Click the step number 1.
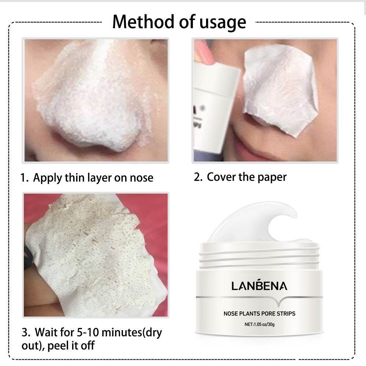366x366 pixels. click(x=24, y=178)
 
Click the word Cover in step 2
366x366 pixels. click(x=221, y=177)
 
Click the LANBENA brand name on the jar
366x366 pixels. click(x=259, y=286)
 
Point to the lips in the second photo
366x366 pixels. click(x=256, y=146)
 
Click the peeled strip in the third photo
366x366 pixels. click(x=95, y=256)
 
